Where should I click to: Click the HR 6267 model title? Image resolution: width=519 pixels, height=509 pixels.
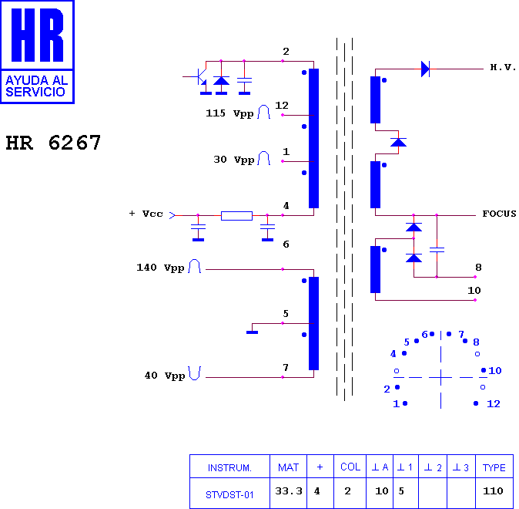tap(53, 143)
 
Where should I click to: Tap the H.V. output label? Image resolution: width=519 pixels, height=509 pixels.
tap(503, 68)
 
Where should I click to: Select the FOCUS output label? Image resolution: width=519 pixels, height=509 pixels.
tap(499, 214)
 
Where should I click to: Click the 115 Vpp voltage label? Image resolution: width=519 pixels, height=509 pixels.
tap(229, 113)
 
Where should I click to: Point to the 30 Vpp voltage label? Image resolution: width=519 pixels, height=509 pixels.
tap(233, 160)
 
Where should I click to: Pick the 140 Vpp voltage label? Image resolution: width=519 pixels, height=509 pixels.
tap(160, 268)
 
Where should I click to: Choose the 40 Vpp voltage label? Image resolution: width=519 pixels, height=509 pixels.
tap(165, 376)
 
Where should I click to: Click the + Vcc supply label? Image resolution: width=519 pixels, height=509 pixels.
tap(146, 214)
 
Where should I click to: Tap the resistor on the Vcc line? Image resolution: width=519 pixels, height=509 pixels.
tap(236, 216)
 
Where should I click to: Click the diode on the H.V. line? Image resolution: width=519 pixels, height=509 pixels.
tap(425, 69)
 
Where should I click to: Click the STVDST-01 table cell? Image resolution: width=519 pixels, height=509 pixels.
tap(229, 495)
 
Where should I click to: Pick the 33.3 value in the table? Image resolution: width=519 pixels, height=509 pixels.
tap(289, 490)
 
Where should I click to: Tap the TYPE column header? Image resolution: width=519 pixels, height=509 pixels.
tap(494, 467)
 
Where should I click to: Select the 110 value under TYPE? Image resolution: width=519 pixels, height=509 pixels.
tap(493, 490)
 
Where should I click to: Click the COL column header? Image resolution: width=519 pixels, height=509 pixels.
tap(350, 467)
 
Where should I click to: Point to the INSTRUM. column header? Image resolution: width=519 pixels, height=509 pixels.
tap(229, 468)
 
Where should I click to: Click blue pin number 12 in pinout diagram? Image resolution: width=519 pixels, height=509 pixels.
tap(493, 404)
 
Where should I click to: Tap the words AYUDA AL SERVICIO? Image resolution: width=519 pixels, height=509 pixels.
tap(37, 86)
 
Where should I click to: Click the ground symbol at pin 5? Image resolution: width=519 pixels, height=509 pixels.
tap(253, 332)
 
